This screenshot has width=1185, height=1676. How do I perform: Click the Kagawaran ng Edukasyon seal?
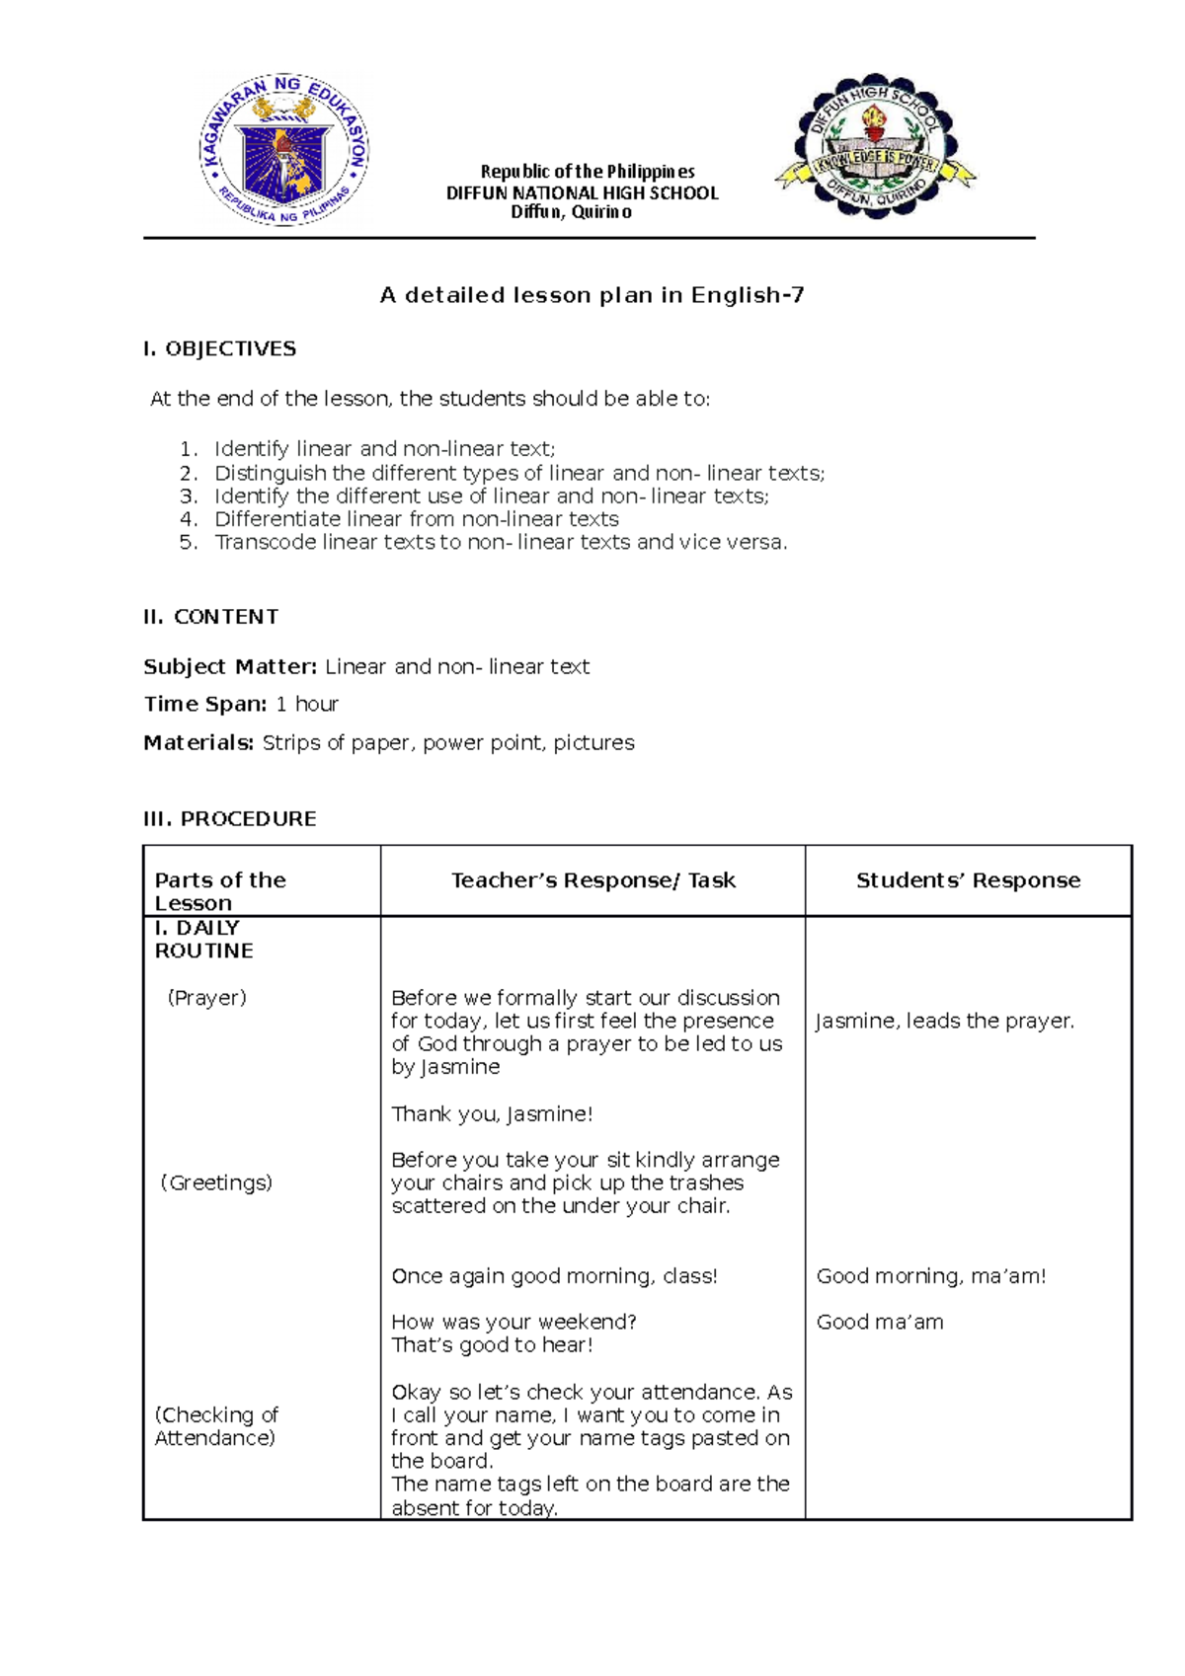[283, 149]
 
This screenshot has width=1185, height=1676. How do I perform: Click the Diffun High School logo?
[875, 146]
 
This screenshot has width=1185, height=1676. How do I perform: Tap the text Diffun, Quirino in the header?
[571, 212]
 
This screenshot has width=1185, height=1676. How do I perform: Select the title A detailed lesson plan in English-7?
[592, 295]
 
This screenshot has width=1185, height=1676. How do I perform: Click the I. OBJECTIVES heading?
[219, 348]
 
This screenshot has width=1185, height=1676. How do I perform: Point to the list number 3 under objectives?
[189, 496]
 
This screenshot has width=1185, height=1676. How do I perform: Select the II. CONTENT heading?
[210, 617]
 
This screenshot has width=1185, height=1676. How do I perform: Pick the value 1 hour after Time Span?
[307, 705]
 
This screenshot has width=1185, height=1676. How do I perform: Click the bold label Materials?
[198, 743]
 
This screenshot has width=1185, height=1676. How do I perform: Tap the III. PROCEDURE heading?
[229, 819]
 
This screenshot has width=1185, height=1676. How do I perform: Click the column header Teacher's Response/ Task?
[592, 880]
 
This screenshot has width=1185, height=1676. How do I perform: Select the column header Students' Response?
[968, 880]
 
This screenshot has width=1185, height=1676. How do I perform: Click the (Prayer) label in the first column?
[206, 998]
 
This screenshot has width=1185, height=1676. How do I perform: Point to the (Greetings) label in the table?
[215, 1182]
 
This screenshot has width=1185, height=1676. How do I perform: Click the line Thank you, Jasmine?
[492, 1114]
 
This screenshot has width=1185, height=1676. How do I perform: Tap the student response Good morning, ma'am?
[930, 1276]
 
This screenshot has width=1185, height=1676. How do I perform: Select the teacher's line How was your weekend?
[513, 1322]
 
